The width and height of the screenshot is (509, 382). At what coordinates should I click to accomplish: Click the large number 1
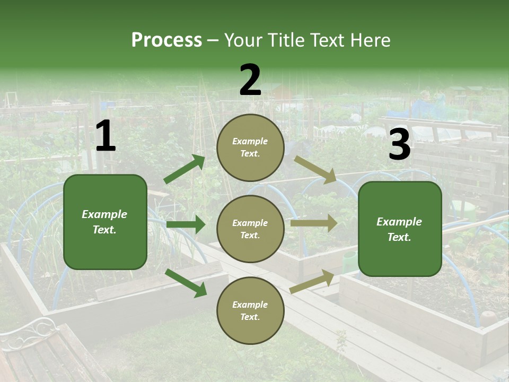[x=106, y=136]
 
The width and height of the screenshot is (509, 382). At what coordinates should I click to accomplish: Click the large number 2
[x=250, y=81]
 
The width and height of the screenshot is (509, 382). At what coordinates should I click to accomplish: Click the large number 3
[x=399, y=145]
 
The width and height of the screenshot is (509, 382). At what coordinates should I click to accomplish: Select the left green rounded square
[x=105, y=222]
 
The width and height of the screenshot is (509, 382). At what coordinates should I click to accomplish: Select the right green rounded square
[x=400, y=229]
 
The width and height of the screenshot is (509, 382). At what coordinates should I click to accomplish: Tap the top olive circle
[x=250, y=147]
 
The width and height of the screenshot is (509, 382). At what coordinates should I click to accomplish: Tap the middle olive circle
[x=250, y=229]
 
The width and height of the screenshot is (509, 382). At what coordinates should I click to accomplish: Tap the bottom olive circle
[x=250, y=310]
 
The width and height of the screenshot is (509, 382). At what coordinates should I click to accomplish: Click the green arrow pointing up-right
[x=185, y=169]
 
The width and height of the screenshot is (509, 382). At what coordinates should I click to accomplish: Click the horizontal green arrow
[x=186, y=224]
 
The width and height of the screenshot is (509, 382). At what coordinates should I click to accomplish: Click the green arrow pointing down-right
[x=186, y=283]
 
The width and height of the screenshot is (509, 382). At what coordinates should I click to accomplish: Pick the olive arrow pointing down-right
[x=315, y=169]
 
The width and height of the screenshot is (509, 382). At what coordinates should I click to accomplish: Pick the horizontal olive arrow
[x=314, y=223]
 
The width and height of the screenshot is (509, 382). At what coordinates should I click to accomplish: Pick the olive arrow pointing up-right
[x=312, y=282]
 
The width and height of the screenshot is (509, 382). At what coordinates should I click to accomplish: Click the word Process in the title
[x=166, y=40]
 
